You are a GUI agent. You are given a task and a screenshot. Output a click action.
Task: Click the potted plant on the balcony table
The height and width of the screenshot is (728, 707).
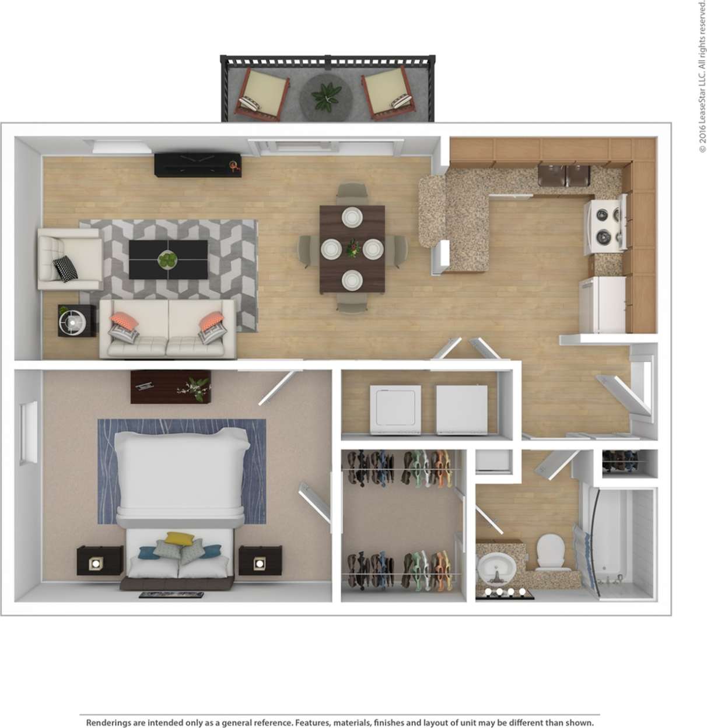point(327,95)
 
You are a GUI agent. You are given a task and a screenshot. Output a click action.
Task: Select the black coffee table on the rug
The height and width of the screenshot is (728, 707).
point(168,259)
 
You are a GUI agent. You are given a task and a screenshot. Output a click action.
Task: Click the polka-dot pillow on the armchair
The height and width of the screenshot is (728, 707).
point(66,268)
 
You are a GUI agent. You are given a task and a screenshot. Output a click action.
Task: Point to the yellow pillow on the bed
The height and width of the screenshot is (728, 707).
point(177,538)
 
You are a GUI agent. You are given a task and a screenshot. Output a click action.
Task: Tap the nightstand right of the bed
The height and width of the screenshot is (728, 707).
point(260,562)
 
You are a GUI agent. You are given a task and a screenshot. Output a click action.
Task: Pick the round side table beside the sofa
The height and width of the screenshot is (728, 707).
point(76,320)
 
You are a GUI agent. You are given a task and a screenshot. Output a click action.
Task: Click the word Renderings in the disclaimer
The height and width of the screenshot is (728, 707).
point(108,722)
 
